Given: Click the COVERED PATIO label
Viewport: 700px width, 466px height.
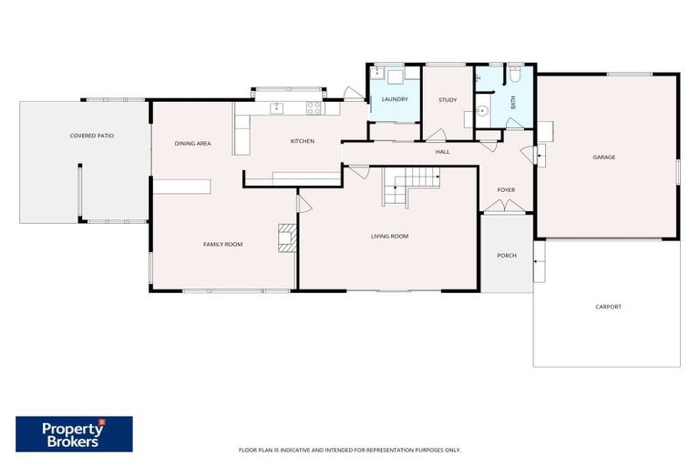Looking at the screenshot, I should click(92, 136).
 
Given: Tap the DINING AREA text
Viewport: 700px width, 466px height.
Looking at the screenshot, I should click(193, 144).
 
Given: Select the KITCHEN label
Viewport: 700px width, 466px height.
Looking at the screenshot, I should click(303, 141).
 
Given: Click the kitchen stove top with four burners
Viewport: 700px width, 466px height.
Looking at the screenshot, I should click(314, 107).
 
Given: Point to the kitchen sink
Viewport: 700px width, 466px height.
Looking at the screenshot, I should click(277, 108).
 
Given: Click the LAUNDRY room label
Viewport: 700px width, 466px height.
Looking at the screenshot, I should click(394, 99).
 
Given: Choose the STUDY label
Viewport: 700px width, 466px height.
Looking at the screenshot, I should click(447, 100).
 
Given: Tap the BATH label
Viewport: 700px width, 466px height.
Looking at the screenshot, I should click(513, 102).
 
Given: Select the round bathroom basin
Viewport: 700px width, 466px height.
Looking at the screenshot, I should click(482, 109).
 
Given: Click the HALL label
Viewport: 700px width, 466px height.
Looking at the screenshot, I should click(442, 152).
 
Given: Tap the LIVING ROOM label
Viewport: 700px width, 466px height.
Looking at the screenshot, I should click(389, 237).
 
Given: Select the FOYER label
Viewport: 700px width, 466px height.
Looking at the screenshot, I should click(506, 190).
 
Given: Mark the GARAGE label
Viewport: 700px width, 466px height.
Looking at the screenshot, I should click(603, 157).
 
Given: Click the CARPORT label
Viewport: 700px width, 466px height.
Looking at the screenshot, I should click(608, 307).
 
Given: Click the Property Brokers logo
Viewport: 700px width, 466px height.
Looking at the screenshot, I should click(74, 434).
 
